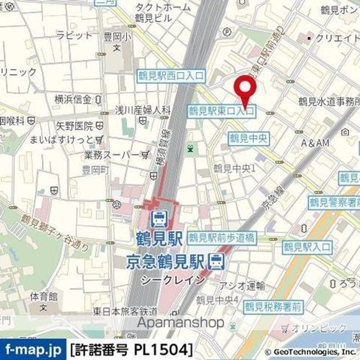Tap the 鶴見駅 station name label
click(x=158, y=238)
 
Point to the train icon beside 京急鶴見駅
click(x=216, y=260)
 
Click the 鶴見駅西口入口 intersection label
click(x=171, y=76)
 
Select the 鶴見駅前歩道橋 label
click(x=222, y=238)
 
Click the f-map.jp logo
click(x=32, y=348)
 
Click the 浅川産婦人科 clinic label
click(x=143, y=109)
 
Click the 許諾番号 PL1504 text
click(x=131, y=348)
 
